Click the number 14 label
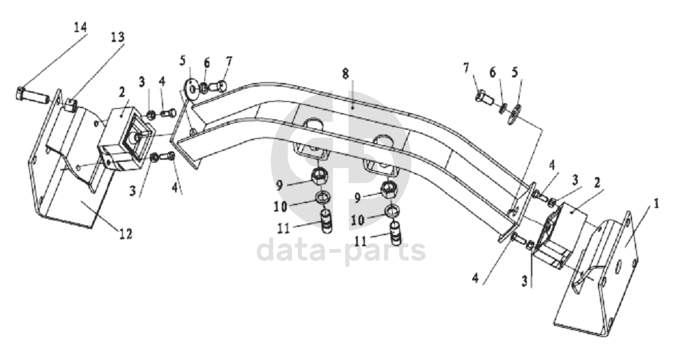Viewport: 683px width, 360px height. (80, 27)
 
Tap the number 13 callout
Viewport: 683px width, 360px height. (117, 37)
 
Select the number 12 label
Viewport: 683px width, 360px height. (126, 234)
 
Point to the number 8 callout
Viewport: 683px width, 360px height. (345, 73)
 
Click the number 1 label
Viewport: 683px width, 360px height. (656, 204)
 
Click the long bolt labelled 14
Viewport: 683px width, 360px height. (31, 95)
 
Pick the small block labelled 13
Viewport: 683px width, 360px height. (72, 105)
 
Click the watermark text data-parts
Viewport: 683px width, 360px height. (341, 250)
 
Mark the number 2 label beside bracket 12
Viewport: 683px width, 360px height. (121, 92)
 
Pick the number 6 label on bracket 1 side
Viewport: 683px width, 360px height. (493, 73)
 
